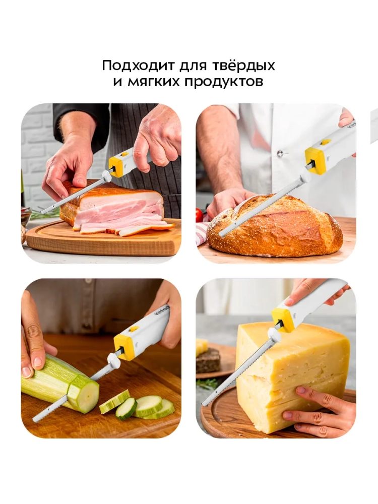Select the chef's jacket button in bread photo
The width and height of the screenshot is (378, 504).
tap(280, 154)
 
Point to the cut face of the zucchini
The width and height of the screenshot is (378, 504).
tap(84, 395)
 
